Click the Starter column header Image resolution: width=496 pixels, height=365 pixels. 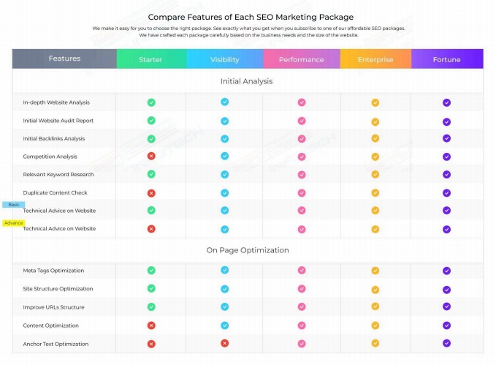click(150, 59)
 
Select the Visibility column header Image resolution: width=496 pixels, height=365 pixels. click(224, 59)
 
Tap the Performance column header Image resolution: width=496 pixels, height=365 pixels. click(301, 59)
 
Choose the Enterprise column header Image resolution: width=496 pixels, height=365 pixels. click(375, 59)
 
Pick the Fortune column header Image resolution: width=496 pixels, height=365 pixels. click(446, 59)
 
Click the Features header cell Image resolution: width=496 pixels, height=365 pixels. click(64, 59)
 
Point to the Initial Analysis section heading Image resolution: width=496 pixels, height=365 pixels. click(246, 81)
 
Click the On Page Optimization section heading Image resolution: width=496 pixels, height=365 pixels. click(247, 250)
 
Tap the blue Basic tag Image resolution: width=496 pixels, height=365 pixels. click(14, 205)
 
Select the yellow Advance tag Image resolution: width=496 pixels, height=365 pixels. click(14, 222)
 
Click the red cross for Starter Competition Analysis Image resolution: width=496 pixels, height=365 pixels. click(151, 156)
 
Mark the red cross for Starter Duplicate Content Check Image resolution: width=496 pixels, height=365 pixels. click(151, 192)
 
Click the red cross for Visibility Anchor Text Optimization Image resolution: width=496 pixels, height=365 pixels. click(225, 343)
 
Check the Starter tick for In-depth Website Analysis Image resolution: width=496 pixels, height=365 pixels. click(151, 102)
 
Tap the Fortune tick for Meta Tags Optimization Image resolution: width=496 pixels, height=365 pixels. click(446, 271)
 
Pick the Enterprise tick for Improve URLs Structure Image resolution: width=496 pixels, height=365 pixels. click(375, 307)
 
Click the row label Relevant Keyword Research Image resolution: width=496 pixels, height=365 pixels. click(58, 175)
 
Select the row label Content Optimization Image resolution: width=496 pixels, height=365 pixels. click(50, 326)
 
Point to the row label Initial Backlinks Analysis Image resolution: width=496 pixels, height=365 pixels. click(53, 138)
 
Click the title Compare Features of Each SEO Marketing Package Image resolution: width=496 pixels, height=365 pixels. click(251, 17)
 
